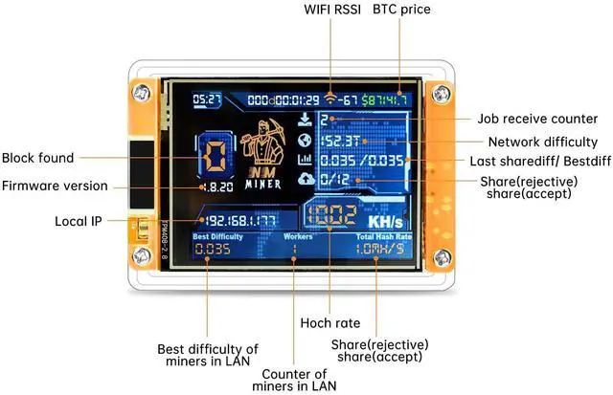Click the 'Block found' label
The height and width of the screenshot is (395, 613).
pyautogui.click(x=37, y=158)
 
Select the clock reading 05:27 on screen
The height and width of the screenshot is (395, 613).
pyautogui.click(x=205, y=99)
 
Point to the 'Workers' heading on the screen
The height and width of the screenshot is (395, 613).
pyautogui.click(x=298, y=235)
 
